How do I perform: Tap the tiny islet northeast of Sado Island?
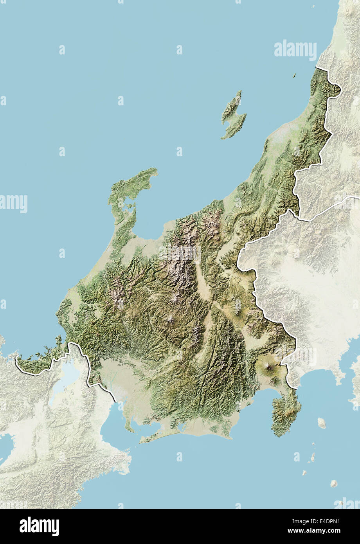(x=294, y=76)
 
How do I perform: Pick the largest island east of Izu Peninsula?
(x=321, y=422)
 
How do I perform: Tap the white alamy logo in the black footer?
(x=39, y=526)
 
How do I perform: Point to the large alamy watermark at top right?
(x=295, y=50)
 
